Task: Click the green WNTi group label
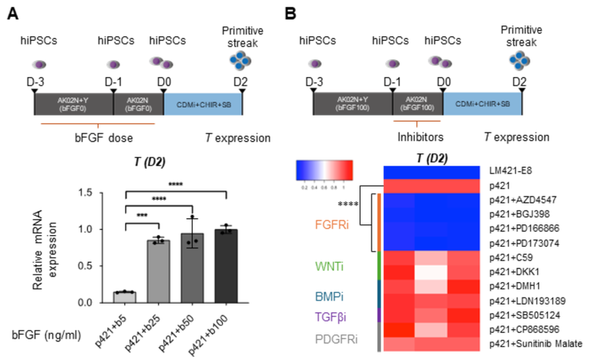tap(341, 270)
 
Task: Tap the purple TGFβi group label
tap(341, 315)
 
